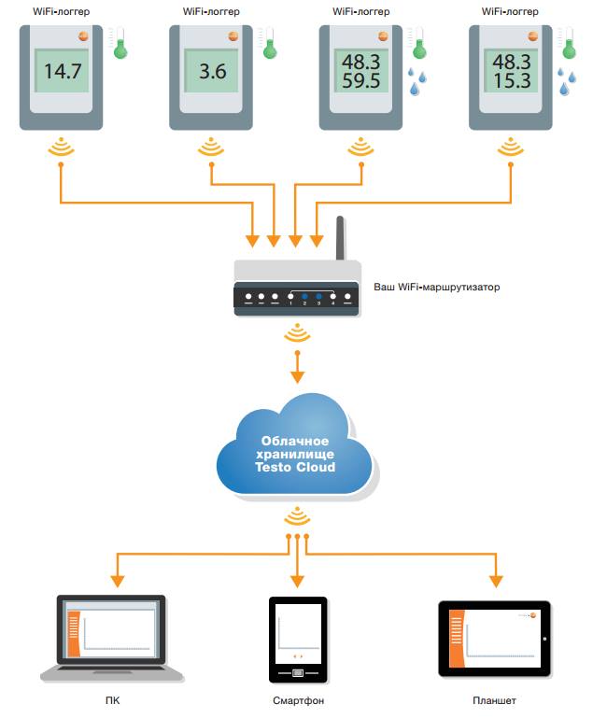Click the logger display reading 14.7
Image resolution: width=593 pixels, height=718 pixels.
pos(62,71)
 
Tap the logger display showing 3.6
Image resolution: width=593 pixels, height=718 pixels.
pos(211,71)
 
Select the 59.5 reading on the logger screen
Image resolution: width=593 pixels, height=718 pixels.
pos(361,80)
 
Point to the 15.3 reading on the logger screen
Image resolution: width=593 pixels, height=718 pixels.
pos(512,80)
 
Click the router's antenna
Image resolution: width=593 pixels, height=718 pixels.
pos(340,238)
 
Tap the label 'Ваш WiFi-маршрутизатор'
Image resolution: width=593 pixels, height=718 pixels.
pos(437,288)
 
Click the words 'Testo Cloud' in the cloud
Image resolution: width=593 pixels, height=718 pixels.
pos(295,467)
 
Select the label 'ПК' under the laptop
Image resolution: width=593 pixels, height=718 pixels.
pos(113,700)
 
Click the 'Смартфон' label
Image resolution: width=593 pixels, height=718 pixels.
pos(298,700)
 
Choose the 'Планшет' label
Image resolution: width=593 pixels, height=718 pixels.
pos(495,700)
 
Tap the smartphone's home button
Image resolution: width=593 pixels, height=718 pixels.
pos(298,672)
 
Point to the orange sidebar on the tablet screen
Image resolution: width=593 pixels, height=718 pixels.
pos(457,639)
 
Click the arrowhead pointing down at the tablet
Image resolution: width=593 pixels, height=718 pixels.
pos(496,581)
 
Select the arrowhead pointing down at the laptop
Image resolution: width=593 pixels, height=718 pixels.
pos(118,581)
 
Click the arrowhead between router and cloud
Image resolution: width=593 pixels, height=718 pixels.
pos(298,377)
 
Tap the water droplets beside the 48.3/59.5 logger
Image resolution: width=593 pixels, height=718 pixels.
pos(417,81)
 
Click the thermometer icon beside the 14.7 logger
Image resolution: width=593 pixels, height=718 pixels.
pos(119,43)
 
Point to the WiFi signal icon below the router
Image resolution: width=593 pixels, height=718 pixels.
pos(297,333)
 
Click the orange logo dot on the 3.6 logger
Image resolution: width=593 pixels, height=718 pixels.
pos(233,35)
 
